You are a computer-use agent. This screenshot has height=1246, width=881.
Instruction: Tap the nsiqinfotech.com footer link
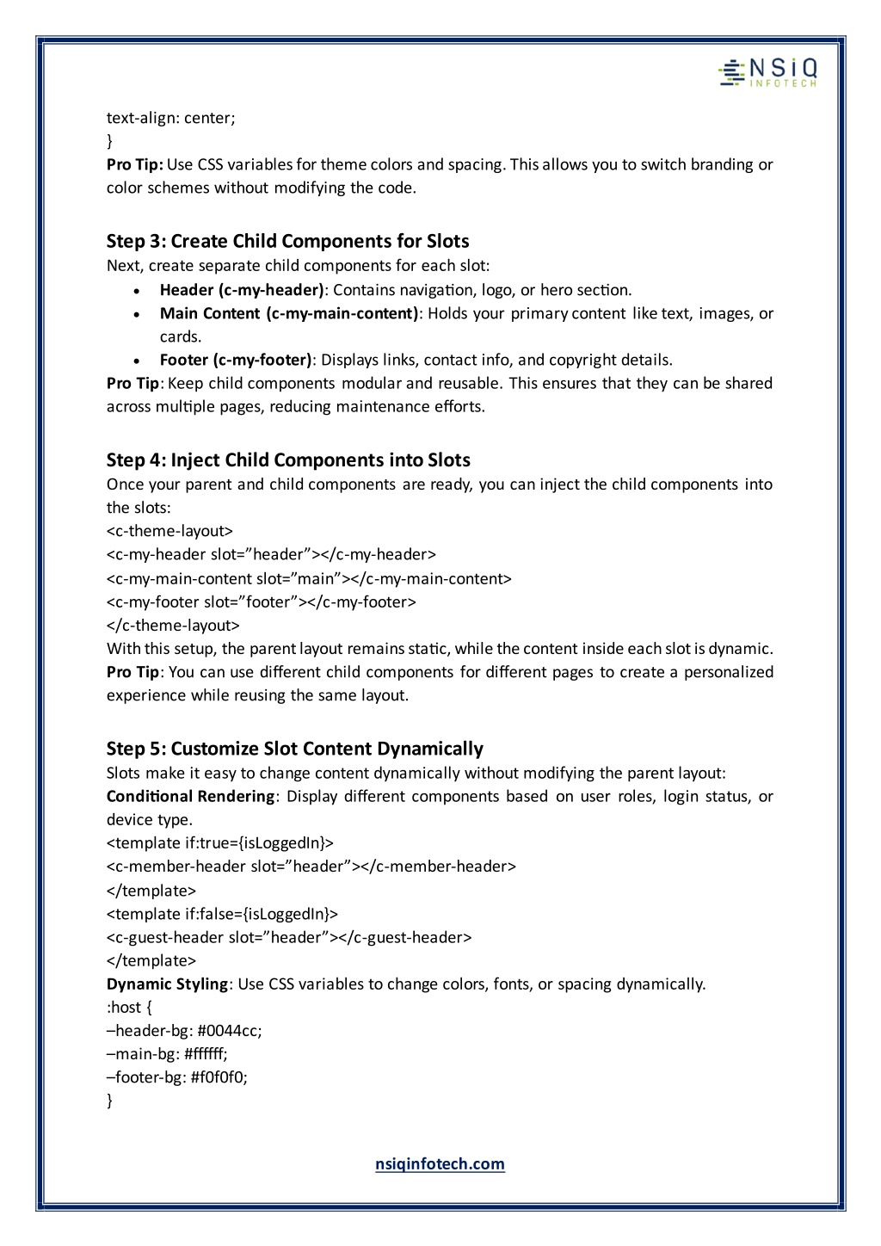click(440, 1164)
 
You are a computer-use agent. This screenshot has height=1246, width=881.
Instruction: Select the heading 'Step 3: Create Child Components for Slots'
click(287, 240)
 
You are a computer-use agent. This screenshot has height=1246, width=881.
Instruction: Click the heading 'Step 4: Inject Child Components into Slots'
click(288, 460)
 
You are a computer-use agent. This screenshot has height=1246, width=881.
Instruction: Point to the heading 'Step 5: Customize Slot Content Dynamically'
click(295, 749)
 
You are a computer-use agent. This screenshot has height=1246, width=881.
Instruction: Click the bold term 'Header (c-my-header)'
click(242, 290)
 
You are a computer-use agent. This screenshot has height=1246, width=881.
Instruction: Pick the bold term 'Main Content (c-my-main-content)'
click(289, 313)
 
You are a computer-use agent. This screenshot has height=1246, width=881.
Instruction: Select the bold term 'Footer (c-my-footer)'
click(236, 360)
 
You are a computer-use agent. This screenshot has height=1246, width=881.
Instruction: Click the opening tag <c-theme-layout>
click(169, 531)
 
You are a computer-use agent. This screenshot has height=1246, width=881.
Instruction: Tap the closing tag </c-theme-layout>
click(173, 625)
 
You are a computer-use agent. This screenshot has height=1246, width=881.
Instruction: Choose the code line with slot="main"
click(309, 578)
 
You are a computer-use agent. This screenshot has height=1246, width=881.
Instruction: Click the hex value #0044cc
click(229, 1030)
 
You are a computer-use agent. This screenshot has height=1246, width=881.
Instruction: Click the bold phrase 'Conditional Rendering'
click(190, 796)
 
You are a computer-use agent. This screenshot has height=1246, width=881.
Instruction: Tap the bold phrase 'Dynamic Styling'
click(168, 984)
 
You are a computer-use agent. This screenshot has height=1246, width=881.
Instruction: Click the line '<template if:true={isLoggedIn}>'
click(219, 842)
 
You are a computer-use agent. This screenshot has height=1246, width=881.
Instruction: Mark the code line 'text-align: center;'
click(170, 118)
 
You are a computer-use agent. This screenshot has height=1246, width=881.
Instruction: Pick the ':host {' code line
click(129, 1007)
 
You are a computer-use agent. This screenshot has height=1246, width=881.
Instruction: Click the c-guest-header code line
click(289, 937)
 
